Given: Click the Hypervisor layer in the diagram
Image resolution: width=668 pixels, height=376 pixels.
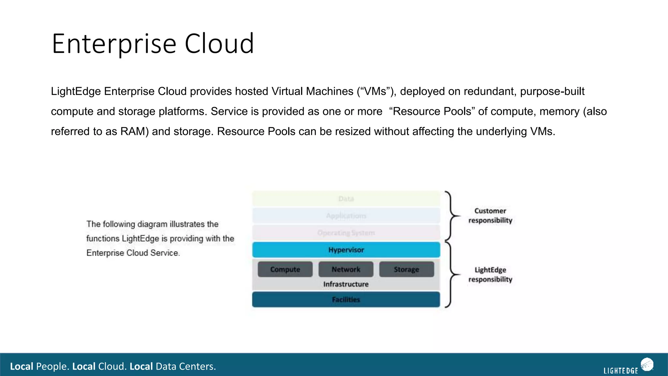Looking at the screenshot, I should [x=346, y=250].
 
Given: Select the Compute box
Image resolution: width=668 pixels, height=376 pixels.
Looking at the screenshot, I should [x=285, y=269].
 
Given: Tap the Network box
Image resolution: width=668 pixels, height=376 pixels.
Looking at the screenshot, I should [x=346, y=269].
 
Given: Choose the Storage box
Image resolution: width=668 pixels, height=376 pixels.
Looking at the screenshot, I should [x=406, y=269].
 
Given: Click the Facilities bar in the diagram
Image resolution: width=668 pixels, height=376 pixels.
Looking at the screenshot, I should [x=346, y=300].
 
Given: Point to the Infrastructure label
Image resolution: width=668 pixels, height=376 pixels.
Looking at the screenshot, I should [x=346, y=284].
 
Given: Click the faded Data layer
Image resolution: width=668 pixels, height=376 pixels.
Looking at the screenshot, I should [x=346, y=199].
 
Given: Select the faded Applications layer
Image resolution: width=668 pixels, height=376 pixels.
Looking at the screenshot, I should [x=346, y=216].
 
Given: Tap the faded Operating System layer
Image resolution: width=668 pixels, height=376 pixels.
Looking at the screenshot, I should [x=346, y=233].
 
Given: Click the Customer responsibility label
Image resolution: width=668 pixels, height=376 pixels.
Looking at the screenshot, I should [x=490, y=216].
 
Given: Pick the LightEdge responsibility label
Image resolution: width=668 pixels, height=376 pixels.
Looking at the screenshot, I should [x=490, y=274].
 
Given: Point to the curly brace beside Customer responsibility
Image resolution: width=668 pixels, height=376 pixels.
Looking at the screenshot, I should [x=452, y=216].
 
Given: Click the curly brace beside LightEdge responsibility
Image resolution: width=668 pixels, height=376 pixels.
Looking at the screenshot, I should [x=452, y=274].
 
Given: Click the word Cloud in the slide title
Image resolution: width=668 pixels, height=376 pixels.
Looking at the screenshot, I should [x=219, y=44].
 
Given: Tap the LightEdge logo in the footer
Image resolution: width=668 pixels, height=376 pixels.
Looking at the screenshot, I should [x=628, y=367].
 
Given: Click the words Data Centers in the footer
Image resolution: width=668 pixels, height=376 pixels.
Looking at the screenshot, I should [x=186, y=367].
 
